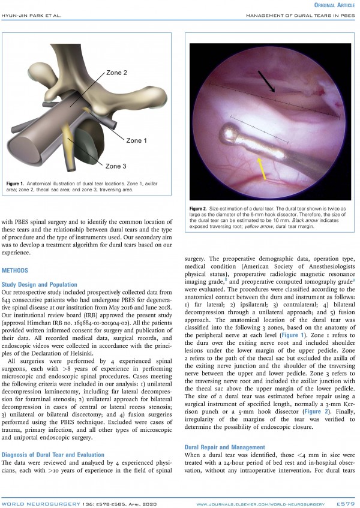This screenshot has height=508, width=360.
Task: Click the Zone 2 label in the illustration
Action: pos(117,73)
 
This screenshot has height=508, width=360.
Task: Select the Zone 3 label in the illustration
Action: pos(117,166)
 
